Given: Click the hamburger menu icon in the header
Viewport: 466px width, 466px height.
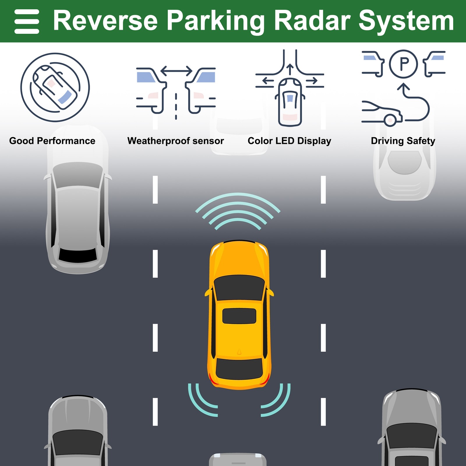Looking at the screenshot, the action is click(27, 22).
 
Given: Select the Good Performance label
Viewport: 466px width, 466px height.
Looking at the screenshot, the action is click(52, 141).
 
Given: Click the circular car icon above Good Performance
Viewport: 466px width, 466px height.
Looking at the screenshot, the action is click(55, 87).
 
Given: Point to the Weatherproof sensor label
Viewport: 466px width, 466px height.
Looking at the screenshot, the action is click(175, 141).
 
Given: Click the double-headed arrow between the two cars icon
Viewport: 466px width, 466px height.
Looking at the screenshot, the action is click(176, 71).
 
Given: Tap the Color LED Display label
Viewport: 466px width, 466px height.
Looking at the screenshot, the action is click(289, 141).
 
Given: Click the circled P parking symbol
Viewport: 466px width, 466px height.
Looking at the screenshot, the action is click(403, 64).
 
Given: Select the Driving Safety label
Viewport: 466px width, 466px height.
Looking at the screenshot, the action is click(403, 141).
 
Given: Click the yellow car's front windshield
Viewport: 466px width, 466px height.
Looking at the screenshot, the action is click(239, 287).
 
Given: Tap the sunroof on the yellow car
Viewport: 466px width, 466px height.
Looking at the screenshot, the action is click(239, 316).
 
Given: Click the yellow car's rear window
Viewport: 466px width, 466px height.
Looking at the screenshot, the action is click(239, 368).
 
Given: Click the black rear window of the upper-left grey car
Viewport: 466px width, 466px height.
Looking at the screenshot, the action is click(78, 255).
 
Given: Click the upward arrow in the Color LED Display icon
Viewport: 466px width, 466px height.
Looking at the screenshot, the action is click(290, 70).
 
